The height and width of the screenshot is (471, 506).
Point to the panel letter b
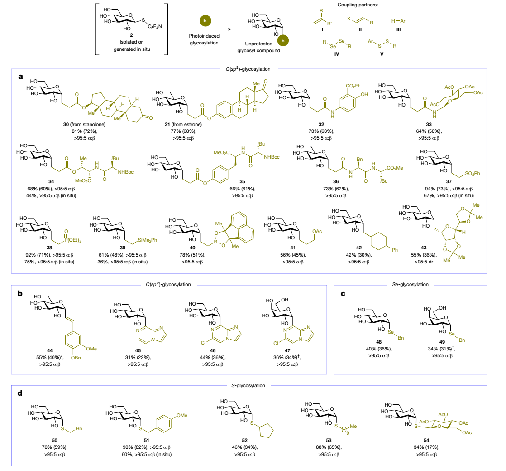tap(19, 293)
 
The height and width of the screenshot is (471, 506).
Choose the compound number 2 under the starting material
tap(131, 34)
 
